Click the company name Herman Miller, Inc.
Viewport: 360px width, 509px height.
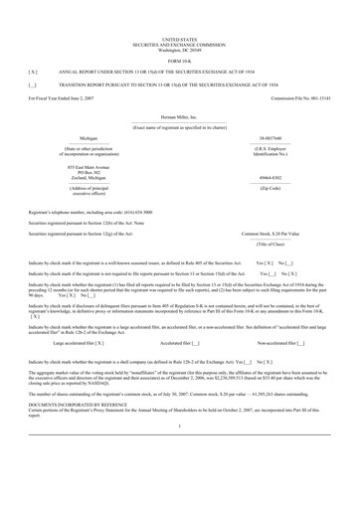coord(179,115)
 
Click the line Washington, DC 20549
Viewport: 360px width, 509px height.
coord(179,21)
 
